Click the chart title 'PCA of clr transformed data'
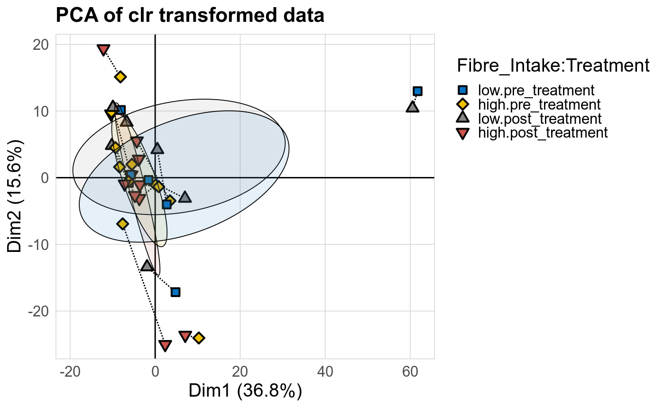pyautogui.click(x=190, y=16)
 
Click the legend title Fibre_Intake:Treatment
pyautogui.click(x=553, y=66)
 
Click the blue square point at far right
pyautogui.click(x=417, y=91)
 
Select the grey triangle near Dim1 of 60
pyautogui.click(x=413, y=107)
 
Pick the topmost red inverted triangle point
pyautogui.click(x=103, y=50)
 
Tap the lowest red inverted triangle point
pyautogui.click(x=165, y=345)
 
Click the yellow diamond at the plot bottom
pyautogui.click(x=199, y=338)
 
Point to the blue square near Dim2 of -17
pyautogui.click(x=175, y=292)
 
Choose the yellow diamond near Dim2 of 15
pyautogui.click(x=120, y=77)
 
